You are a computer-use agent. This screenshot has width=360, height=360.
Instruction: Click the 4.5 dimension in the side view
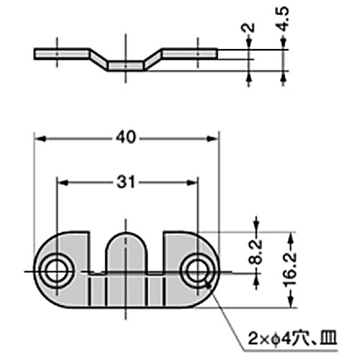(284, 17)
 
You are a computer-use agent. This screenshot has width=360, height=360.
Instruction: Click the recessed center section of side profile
(125, 66)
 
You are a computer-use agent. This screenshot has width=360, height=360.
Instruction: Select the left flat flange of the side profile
(61, 54)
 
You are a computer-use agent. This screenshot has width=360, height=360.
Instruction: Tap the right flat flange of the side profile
(189, 54)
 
